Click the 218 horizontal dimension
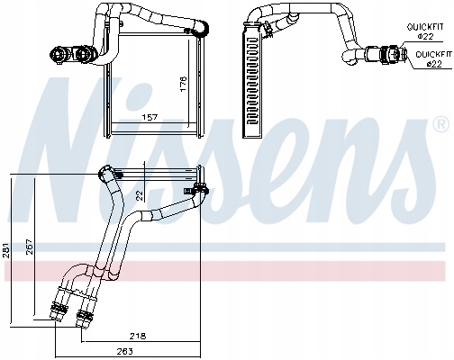(x=138, y=335)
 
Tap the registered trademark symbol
(x=440, y=122)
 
